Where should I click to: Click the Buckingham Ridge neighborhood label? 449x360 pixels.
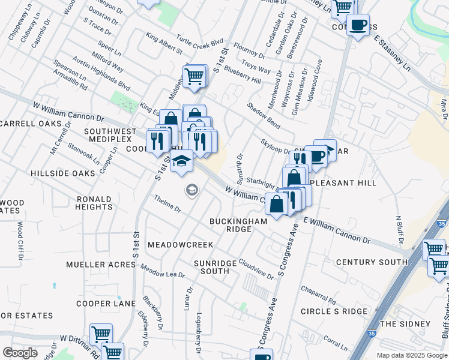tap(238, 225)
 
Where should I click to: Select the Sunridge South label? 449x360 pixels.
tap(211, 267)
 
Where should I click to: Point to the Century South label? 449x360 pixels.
tap(372, 262)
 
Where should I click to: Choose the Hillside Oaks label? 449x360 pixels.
tap(63, 173)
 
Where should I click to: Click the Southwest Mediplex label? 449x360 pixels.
tap(110, 136)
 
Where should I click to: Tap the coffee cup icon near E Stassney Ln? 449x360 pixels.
tap(358, 25)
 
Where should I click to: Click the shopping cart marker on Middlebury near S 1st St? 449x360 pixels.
tap(194, 76)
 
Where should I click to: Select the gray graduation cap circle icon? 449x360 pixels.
tap(191, 191)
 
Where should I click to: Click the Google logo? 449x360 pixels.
tap(20, 353)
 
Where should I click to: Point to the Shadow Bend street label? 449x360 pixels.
tap(264, 115)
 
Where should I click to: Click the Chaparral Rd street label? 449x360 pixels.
tap(319, 294)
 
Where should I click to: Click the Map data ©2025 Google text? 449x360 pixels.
tap(412, 355)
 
